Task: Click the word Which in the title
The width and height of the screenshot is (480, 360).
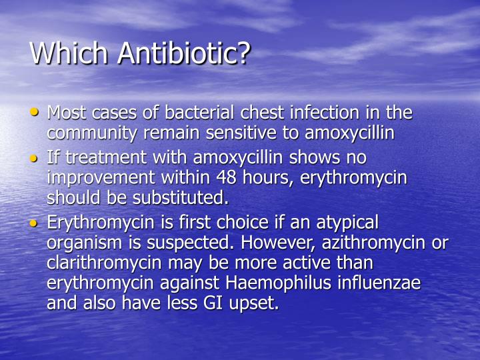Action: click(71, 53)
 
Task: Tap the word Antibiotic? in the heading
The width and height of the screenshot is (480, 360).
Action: click(183, 53)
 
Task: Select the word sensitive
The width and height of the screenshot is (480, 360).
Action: click(238, 133)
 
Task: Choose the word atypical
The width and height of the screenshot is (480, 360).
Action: click(345, 222)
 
